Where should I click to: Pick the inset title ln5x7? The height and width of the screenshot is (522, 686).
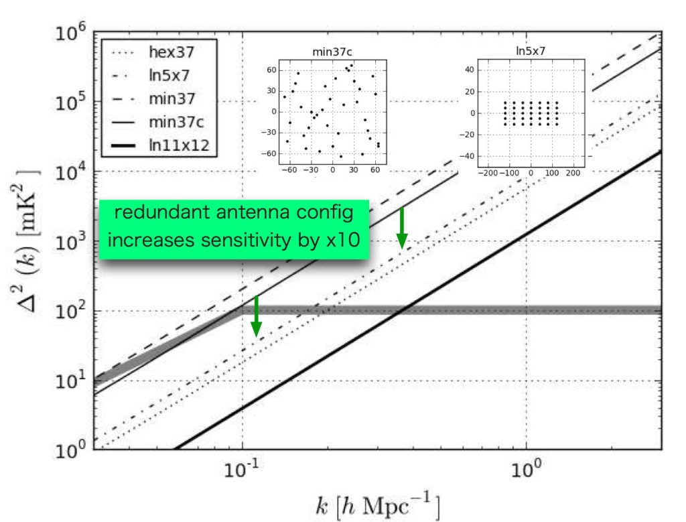coord(529,52)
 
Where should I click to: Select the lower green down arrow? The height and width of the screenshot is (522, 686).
coord(256,316)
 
